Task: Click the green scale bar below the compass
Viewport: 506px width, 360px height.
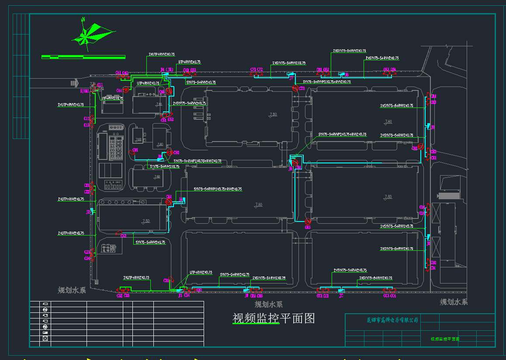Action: [83, 57]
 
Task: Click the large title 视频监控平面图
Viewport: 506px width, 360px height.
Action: [274, 318]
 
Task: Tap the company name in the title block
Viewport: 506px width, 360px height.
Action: [392, 320]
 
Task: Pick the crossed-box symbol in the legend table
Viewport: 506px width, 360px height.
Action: [45, 338]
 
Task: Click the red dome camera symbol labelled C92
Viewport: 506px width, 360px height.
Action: [170, 152]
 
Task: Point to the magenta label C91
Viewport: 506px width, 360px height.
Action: [135, 150]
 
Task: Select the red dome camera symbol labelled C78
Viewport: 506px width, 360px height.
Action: [296, 89]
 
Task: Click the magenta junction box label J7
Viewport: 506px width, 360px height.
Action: [291, 79]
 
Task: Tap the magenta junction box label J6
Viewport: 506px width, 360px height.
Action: [291, 169]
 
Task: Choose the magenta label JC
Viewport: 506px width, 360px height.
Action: [341, 296]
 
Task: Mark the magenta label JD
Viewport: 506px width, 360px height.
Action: [428, 244]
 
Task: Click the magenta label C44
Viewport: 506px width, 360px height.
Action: [119, 91]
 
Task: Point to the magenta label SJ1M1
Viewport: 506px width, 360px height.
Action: [84, 91]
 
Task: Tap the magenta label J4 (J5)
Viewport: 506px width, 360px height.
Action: [166, 69]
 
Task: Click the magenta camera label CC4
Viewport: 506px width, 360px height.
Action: [393, 296]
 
